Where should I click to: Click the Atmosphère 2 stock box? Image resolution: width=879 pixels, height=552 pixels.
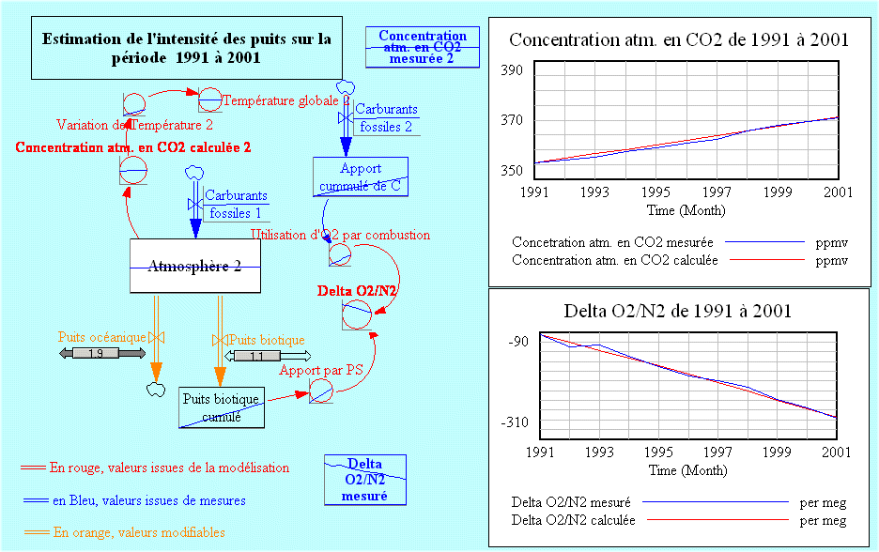194,266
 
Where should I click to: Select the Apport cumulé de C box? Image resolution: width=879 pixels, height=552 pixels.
361,177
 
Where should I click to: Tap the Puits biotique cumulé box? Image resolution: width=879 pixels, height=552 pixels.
222,407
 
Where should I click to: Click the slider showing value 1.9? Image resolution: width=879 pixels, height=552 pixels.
95,354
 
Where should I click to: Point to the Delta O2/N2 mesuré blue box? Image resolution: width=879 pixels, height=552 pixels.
364,479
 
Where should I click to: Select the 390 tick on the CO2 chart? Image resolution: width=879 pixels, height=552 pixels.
512,71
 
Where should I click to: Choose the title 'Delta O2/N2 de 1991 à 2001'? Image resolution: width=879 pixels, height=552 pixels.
677,311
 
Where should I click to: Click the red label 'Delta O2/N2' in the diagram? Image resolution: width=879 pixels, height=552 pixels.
357,291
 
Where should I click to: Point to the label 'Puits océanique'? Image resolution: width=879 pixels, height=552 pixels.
101,336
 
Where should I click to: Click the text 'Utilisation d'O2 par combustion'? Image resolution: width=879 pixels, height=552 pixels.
341,235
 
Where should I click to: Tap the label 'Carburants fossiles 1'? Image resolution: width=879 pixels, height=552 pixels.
235,205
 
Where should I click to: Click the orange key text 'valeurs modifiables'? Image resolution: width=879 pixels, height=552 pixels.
139,532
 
